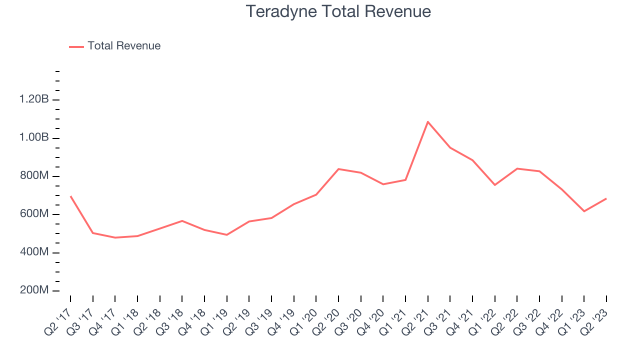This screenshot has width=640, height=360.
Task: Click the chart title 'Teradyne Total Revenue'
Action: click(338, 11)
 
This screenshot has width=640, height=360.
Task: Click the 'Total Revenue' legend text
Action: click(124, 46)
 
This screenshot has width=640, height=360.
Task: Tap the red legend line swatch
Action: click(76, 46)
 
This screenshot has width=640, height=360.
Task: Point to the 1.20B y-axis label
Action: click(34, 99)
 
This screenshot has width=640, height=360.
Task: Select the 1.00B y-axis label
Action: click(34, 137)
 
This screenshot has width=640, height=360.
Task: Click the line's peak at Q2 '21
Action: click(428, 121)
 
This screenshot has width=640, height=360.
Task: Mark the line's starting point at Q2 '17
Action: click(70, 196)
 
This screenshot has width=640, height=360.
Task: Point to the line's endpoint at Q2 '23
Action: click(606, 198)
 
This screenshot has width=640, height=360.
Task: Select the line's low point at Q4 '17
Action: click(115, 237)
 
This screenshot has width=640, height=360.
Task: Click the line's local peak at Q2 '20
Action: click(338, 169)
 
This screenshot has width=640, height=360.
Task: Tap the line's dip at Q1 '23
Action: click(584, 211)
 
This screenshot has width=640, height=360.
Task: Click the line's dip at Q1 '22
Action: click(495, 185)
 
